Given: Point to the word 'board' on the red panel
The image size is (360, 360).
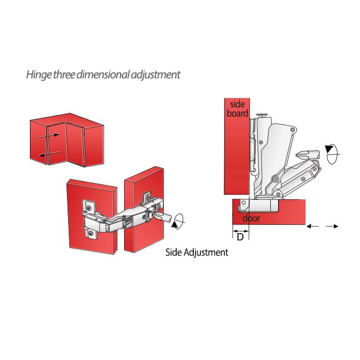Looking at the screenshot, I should (238, 113).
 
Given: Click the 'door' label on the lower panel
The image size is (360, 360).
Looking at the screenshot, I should (251, 218).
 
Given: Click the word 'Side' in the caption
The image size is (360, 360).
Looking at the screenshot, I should (176, 253).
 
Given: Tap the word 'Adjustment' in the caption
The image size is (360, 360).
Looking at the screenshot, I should (208, 253).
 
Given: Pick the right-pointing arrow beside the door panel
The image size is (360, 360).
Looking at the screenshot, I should (332, 226).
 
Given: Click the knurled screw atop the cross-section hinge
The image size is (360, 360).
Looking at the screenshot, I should (263, 115).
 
